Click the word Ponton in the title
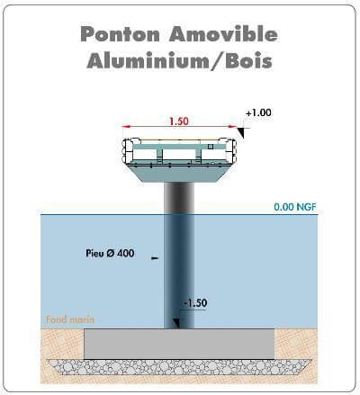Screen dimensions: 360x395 tap(120, 34)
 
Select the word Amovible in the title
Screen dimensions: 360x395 tap(223, 34)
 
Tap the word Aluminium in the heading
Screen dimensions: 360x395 tap(148, 61)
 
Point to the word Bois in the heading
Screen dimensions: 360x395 tap(249, 61)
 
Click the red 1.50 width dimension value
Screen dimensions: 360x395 tap(179, 121)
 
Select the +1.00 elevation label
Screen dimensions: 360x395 tap(258, 112)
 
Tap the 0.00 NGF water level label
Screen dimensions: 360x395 tap(295, 207)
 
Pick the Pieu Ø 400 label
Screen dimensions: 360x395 tap(110, 253)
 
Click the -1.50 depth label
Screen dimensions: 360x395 tap(195, 303)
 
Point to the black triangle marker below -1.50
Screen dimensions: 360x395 tap(176, 323)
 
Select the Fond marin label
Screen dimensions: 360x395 tap(70, 319)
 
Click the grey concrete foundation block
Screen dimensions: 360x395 tap(179, 344)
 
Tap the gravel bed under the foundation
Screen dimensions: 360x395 tap(179, 367)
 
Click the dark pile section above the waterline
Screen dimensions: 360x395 tap(179, 198)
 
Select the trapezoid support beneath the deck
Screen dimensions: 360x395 tap(179, 174)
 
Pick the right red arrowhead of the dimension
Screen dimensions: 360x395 tap(232, 127)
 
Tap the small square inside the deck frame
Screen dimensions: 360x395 tap(211, 147)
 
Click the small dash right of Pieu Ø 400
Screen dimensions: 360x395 tap(155, 257)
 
